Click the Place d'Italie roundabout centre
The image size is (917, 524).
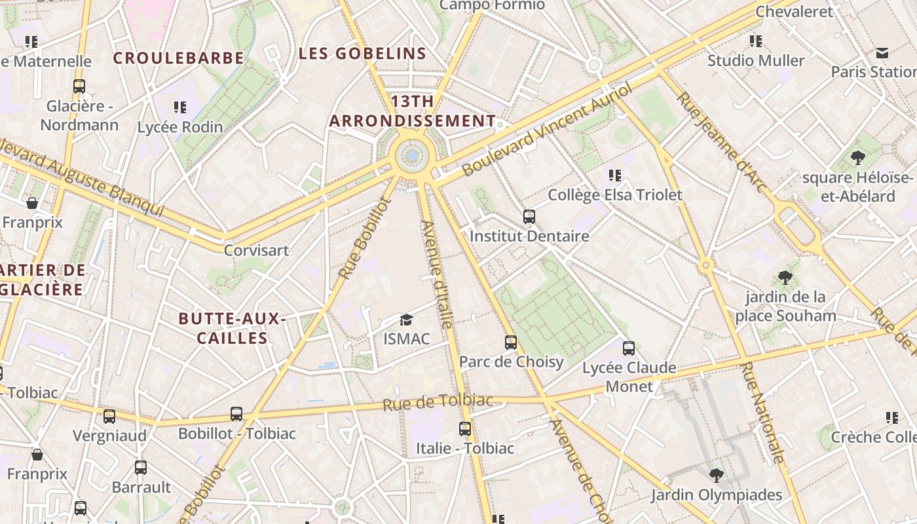[412, 156]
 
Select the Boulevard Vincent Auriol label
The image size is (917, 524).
[548, 129]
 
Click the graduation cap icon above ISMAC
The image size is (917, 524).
[407, 320]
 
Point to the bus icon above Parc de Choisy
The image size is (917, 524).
[511, 343]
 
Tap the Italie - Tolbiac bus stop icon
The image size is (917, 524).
[465, 429]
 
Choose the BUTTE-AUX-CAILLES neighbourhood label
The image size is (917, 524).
[233, 328]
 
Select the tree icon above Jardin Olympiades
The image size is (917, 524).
[717, 475]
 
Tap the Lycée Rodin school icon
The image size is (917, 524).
[180, 107]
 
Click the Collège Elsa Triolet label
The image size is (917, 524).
[615, 195]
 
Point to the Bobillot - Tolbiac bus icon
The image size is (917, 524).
[236, 414]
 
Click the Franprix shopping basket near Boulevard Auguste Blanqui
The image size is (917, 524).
[32, 203]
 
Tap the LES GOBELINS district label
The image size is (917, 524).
[362, 54]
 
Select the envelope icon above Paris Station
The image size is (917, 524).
[882, 52]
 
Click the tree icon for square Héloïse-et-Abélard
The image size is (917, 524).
[857, 158]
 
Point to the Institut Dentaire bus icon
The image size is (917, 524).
[529, 217]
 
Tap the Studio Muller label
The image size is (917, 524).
[756, 61]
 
